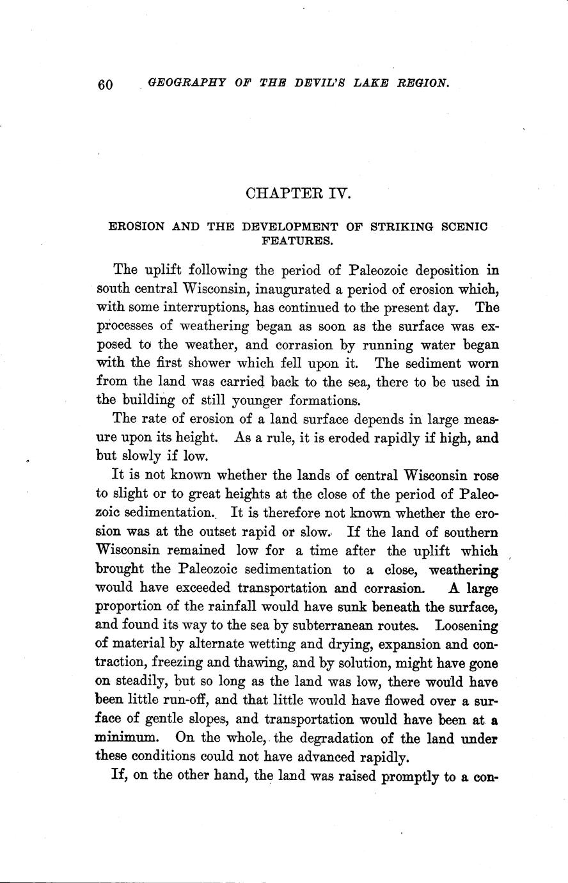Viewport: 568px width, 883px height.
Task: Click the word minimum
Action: pyautogui.click(x=125, y=737)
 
